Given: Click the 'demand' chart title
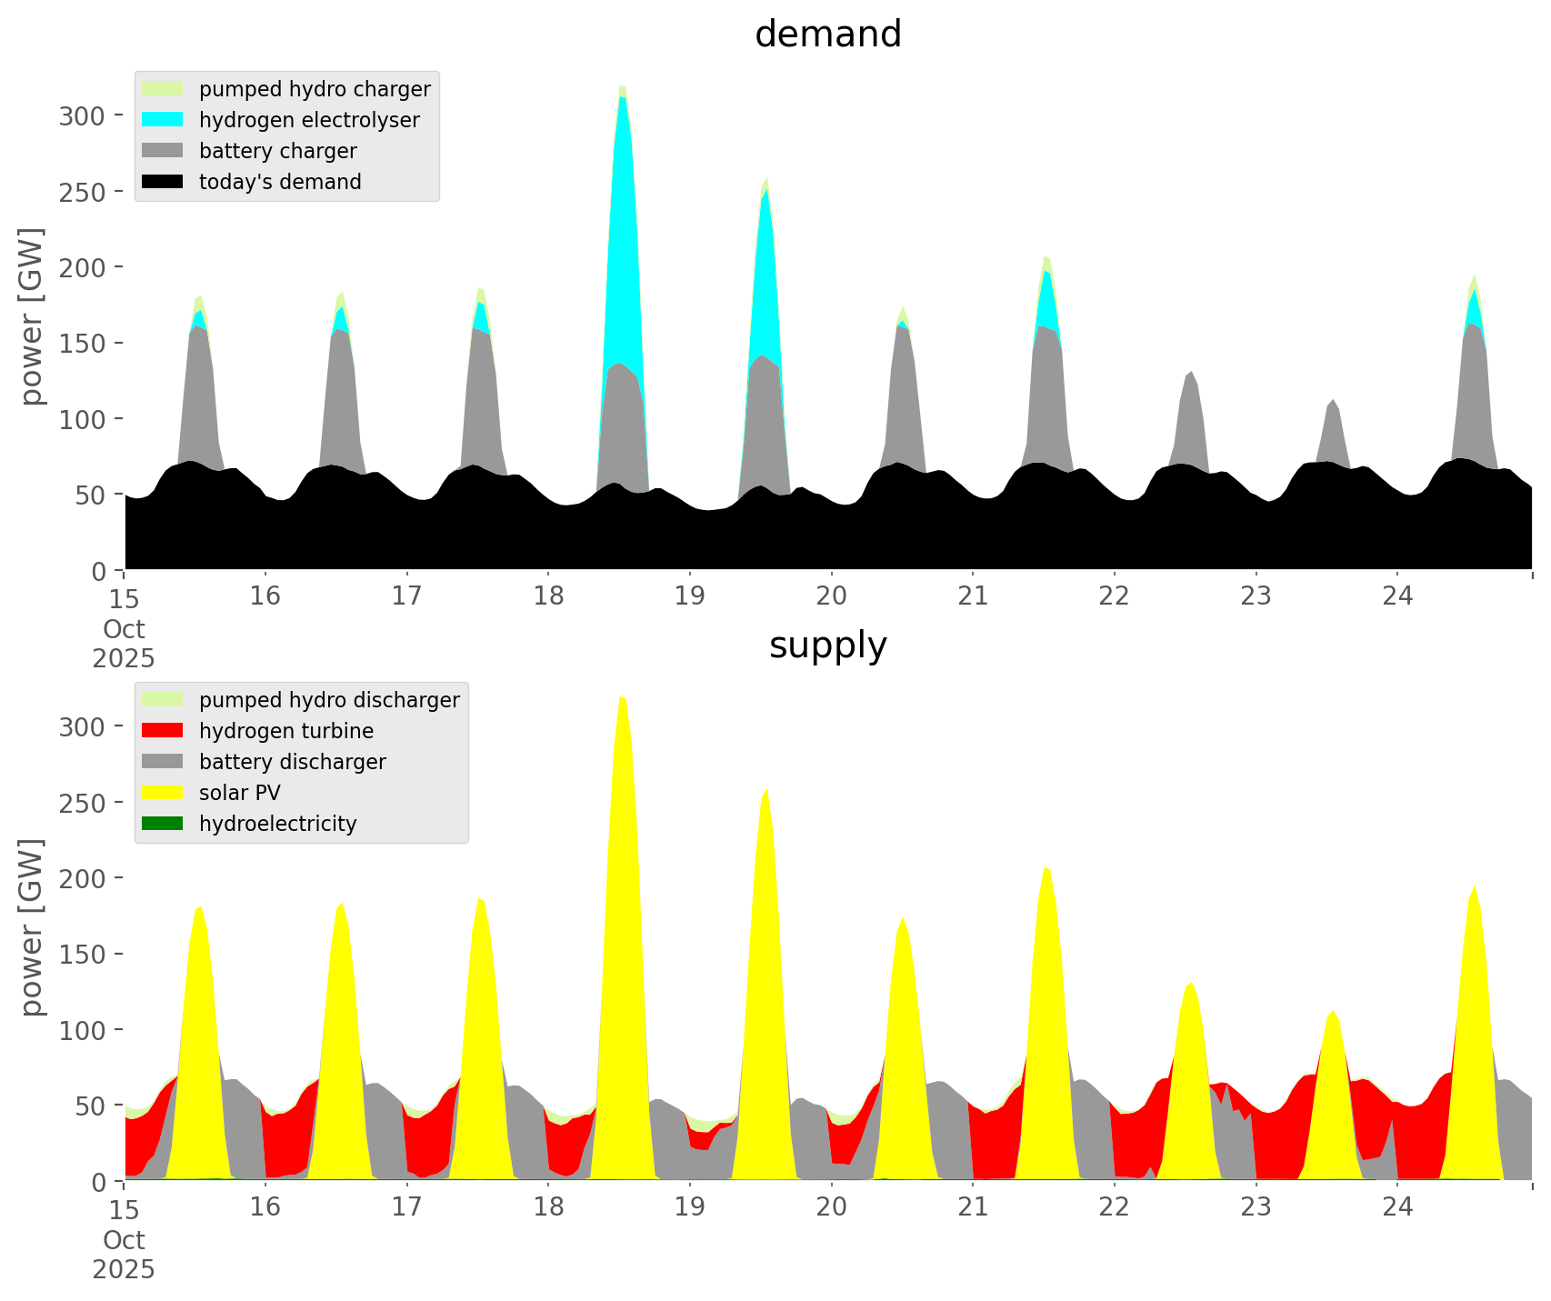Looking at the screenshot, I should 827,35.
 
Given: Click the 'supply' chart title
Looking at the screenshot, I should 827,645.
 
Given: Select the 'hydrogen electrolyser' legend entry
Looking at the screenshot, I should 308,120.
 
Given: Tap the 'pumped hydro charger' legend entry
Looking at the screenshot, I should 314,89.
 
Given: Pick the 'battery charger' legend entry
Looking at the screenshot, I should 277,151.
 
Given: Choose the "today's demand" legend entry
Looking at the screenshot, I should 280,182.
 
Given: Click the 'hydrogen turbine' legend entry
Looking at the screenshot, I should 285,731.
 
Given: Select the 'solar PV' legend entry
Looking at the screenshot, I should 239,793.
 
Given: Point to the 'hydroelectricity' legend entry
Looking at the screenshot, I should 277,824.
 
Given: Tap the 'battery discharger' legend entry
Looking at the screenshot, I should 292,762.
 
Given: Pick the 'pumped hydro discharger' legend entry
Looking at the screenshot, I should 328,700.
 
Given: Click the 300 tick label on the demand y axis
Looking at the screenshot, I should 83,115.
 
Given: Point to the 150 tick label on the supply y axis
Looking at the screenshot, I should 83,954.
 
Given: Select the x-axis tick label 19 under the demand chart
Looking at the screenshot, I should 690,596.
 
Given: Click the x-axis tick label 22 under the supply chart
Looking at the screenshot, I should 1115,1207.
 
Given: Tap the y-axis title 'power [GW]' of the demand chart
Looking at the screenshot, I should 32,316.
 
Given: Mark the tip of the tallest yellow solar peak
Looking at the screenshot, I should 623,697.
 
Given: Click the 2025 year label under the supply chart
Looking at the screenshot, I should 124,1269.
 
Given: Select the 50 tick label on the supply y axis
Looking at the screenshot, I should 88,1106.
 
